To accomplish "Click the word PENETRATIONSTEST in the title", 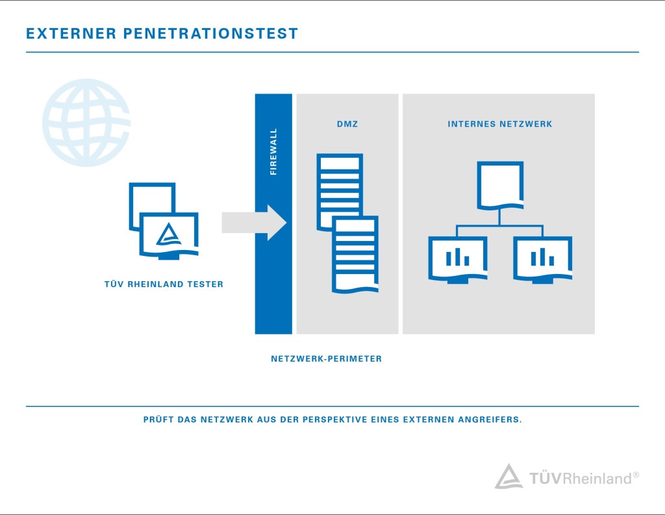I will tap(211, 33).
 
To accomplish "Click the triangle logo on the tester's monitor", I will tap(168, 235).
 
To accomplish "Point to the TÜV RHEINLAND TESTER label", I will tap(164, 284).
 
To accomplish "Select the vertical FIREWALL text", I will tap(273, 152).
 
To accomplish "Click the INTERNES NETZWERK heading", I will tap(500, 123).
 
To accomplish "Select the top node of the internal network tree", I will tap(500, 186).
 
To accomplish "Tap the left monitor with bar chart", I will tap(458, 258).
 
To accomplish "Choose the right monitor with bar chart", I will tap(542, 258).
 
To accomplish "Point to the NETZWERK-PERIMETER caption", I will tap(326, 358).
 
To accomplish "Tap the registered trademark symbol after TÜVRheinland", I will tap(636, 475).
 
